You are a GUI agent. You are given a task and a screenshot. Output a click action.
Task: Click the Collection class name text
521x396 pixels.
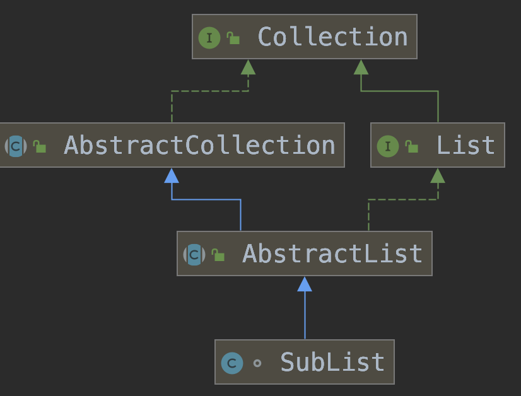(332, 37)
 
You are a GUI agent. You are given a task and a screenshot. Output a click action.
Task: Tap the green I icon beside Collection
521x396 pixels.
(209, 38)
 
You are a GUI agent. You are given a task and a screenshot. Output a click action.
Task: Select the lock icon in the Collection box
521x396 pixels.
(233, 38)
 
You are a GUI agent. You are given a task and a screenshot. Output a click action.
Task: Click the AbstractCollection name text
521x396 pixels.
(199, 146)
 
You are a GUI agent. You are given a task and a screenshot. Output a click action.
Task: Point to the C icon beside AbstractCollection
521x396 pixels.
(16, 146)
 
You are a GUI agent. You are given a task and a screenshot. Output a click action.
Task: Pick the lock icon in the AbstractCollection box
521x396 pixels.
(40, 147)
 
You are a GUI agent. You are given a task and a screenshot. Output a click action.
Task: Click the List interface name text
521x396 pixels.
(465, 146)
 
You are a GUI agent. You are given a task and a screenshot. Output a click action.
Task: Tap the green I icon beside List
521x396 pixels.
(388, 147)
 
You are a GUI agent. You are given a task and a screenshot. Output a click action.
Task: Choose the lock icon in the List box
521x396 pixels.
(412, 147)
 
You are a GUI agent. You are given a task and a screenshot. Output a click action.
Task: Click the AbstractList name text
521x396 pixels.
(332, 254)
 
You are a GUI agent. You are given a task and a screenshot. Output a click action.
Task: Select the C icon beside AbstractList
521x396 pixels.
(194, 255)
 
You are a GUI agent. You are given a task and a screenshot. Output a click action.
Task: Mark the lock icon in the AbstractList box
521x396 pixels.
(218, 255)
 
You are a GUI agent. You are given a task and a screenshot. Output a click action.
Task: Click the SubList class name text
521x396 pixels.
(332, 363)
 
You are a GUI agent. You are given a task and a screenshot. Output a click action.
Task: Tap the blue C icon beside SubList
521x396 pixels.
(232, 363)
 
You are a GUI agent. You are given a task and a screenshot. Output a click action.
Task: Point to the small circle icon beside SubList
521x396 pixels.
(257, 363)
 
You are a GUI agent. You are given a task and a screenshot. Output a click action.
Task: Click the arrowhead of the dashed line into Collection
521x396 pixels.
(248, 67)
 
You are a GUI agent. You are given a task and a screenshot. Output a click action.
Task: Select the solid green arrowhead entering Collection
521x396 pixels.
(361, 67)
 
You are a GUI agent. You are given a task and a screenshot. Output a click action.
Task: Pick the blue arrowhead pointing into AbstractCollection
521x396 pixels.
(172, 175)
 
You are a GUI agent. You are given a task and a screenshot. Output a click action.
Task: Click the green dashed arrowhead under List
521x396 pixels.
(438, 175)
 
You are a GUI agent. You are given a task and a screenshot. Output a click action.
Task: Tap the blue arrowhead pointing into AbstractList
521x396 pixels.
(305, 284)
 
